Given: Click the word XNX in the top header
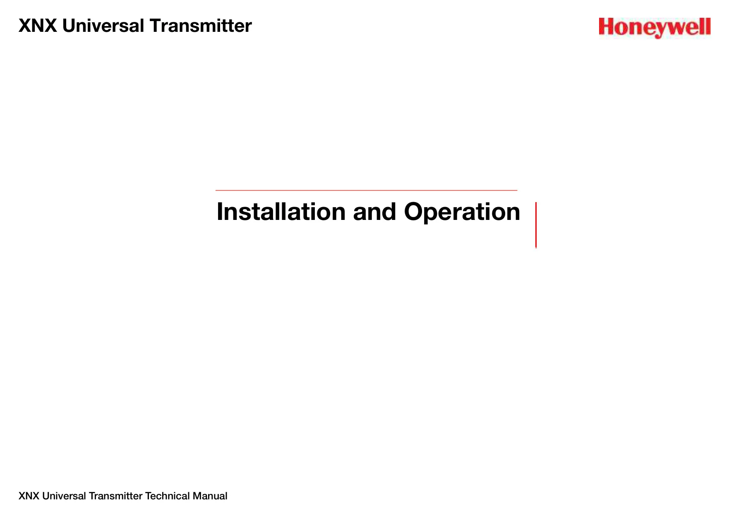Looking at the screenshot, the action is point(38,26).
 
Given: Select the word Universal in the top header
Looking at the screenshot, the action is point(103,26).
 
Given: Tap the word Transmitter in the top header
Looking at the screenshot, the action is point(201,26).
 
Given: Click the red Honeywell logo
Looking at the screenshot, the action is point(655,28).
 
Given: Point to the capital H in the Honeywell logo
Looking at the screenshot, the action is point(606,26).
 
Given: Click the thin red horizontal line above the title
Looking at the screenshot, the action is point(366,190).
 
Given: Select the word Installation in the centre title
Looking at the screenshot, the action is point(281,212).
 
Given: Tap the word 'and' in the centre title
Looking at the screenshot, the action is point(374,212).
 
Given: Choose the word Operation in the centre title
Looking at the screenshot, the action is point(462,212).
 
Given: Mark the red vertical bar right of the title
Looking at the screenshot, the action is point(536,225).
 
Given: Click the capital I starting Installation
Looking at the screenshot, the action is point(219,212).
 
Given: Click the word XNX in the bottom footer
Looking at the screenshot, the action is point(29,496).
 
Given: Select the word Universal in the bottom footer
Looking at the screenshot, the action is point(64,496).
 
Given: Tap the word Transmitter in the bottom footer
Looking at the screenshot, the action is point(115,496).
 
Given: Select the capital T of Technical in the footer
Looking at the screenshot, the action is point(149,496).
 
